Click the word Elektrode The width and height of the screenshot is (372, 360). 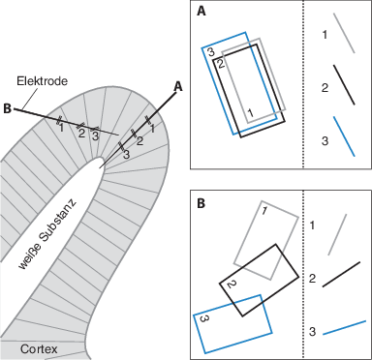tap(42, 80)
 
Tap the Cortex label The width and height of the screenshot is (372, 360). tap(39, 348)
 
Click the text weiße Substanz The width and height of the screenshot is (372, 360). tap(47, 235)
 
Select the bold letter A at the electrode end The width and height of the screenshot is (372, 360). tap(178, 86)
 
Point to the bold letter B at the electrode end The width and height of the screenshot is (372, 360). tap(7, 108)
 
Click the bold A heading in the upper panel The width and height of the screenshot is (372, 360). tap(201, 12)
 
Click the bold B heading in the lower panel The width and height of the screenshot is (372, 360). tap(201, 204)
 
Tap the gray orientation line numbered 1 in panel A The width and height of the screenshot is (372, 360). tap(344, 33)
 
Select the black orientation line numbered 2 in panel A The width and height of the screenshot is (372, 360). tap(344, 85)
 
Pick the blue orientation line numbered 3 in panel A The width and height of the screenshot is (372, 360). tap(344, 136)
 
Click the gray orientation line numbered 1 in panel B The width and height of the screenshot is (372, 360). tap(337, 234)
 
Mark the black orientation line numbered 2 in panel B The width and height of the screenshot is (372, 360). tap(341, 274)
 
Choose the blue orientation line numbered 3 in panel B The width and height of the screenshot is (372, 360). tap(344, 327)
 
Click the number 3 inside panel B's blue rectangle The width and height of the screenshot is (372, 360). tap(203, 318)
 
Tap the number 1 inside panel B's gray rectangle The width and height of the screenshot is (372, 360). tap(263, 211)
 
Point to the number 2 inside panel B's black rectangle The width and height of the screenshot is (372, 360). tap(232, 285)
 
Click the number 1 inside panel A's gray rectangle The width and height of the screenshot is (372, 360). tap(250, 112)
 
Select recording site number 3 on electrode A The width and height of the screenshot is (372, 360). tap(126, 155)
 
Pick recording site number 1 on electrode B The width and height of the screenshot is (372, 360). tap(61, 128)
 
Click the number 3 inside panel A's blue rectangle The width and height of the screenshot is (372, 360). tap(210, 51)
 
